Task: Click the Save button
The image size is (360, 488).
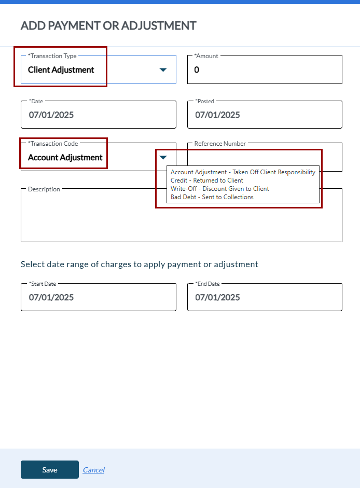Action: (50, 470)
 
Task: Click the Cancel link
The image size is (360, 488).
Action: (93, 470)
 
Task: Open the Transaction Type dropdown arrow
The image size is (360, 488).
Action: (163, 69)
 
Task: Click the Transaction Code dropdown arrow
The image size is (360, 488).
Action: (163, 157)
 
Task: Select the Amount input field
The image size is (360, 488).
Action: (265, 69)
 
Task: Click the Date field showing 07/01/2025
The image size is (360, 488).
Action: (99, 115)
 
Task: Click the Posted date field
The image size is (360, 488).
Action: (265, 115)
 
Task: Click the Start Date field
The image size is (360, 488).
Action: (99, 297)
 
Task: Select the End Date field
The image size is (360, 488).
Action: (265, 297)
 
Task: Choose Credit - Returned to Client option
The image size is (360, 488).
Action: (207, 180)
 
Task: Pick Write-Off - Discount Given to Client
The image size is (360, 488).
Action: (220, 189)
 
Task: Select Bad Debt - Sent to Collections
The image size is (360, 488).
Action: (212, 197)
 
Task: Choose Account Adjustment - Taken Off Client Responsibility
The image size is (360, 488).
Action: (243, 172)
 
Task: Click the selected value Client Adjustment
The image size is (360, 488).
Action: (61, 69)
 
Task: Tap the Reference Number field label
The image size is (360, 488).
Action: (220, 144)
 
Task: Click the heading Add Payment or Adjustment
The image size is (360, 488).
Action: (108, 25)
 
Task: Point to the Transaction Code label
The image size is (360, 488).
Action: (53, 144)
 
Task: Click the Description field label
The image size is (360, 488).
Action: (44, 189)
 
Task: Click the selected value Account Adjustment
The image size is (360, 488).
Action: (65, 157)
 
